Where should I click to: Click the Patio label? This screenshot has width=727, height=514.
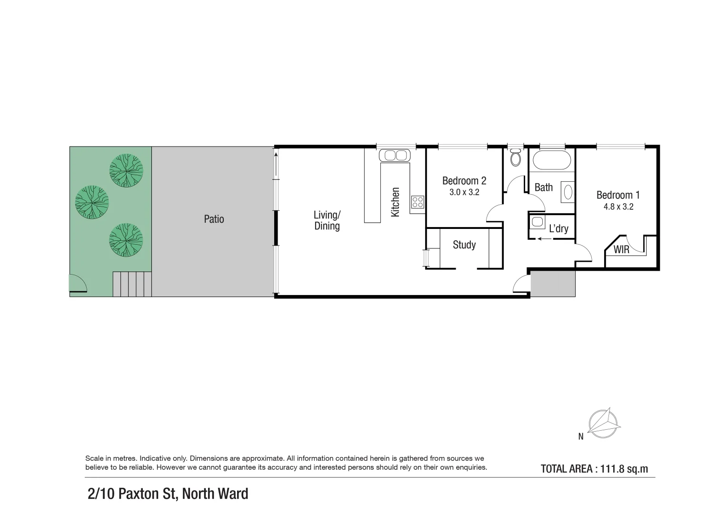[x=214, y=219]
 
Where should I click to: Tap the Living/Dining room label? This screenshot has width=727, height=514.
[x=327, y=220]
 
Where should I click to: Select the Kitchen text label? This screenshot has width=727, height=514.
[x=395, y=202]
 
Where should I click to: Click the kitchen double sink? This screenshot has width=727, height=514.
[x=393, y=155]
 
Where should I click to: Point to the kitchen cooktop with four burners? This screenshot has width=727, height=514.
[x=418, y=202]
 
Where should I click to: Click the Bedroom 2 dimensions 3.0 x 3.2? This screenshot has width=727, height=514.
[x=464, y=193]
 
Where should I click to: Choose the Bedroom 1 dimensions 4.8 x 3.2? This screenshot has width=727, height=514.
[x=618, y=207]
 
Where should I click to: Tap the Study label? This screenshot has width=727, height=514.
[x=464, y=245]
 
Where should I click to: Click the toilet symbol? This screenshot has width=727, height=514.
[x=515, y=158]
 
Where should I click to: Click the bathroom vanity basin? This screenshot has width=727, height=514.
[x=568, y=192]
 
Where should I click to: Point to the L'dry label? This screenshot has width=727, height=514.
[x=558, y=229]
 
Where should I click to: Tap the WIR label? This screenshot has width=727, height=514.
[x=621, y=249]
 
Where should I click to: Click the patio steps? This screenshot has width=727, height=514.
[x=132, y=284]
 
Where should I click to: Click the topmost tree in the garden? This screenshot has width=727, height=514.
[x=126, y=170]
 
